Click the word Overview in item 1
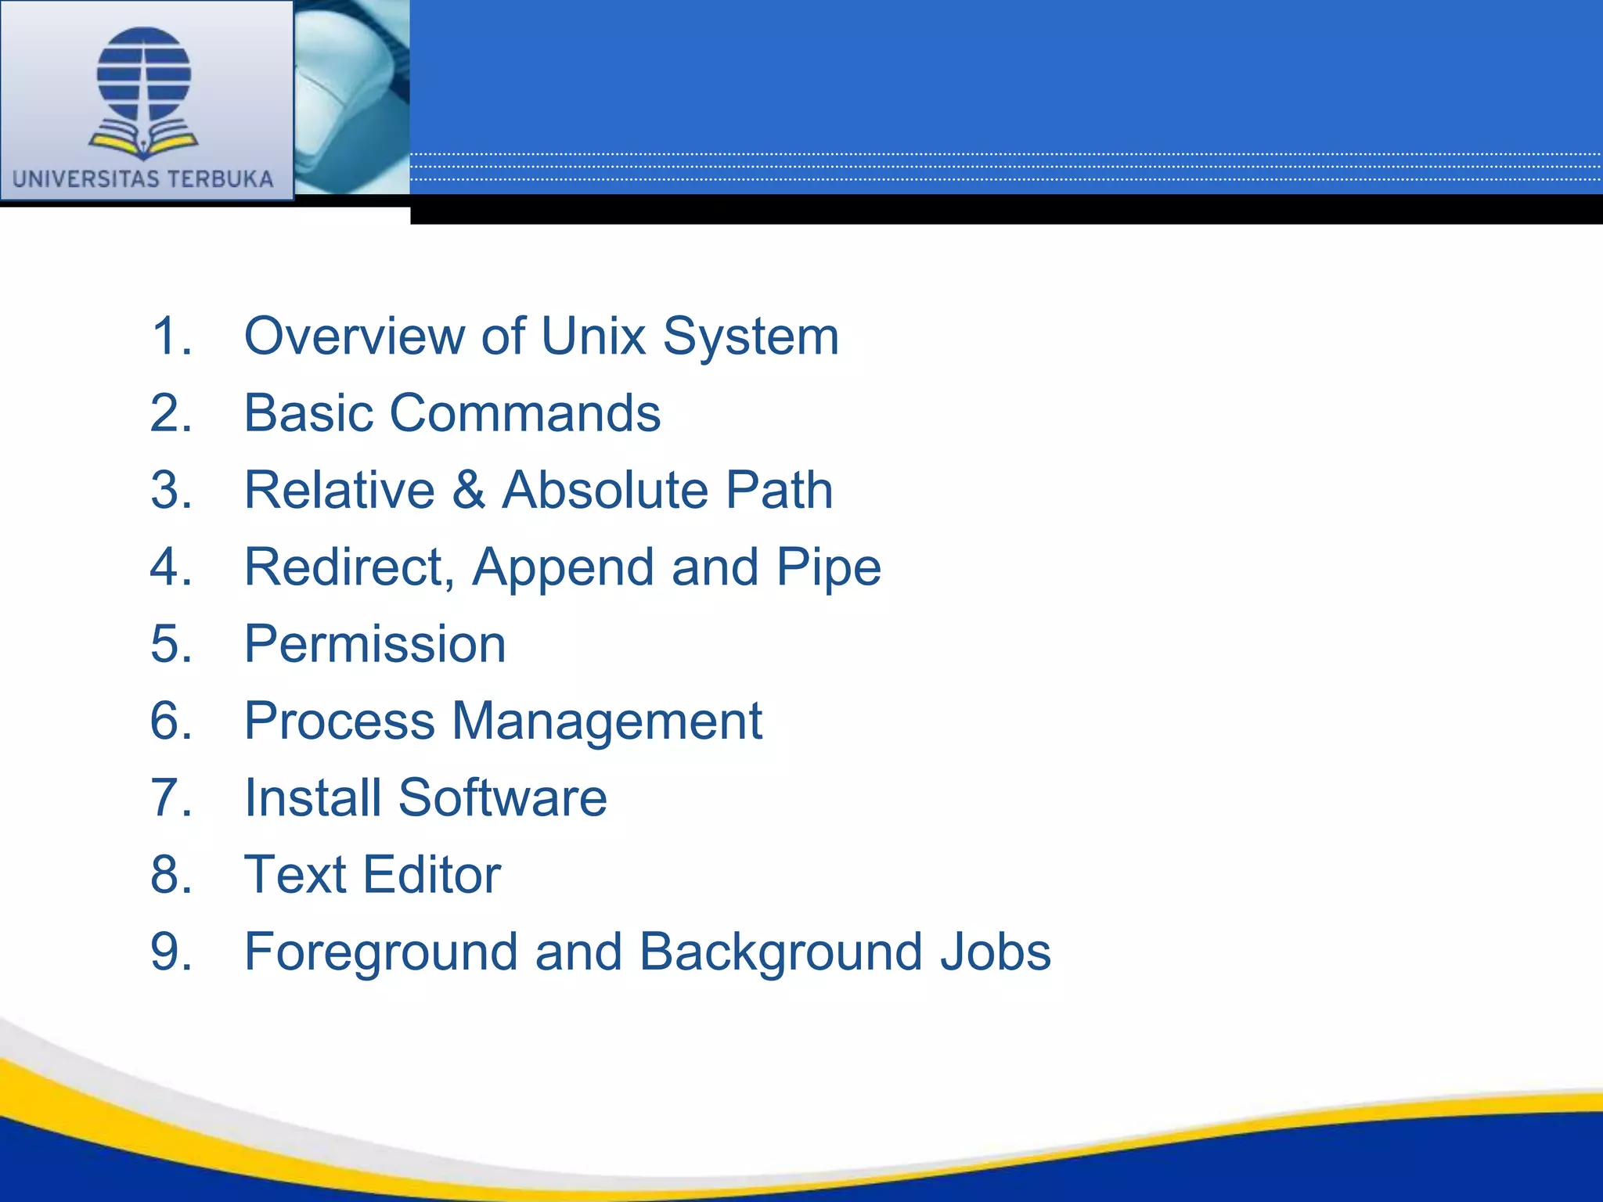coord(354,336)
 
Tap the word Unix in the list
coord(593,336)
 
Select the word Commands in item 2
coord(524,413)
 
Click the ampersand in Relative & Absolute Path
coord(468,491)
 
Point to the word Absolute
coord(604,491)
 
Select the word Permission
coord(375,645)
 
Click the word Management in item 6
coord(607,722)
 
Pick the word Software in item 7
coord(503,798)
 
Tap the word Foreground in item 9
coord(381,952)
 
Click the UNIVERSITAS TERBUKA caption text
coord(143,179)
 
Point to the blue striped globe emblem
coord(144,74)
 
